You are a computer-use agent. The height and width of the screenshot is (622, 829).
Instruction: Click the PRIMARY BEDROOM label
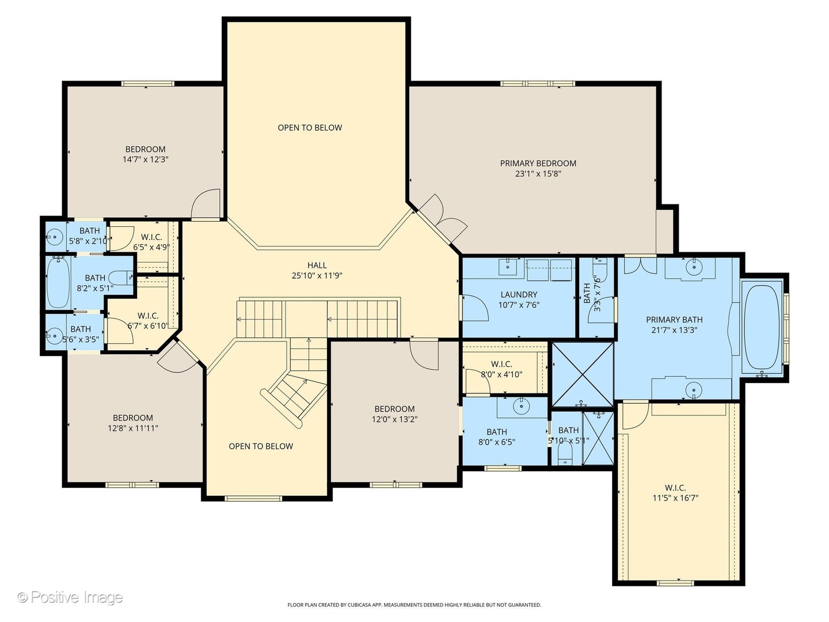click(x=538, y=164)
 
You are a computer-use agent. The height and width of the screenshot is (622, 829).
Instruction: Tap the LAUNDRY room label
click(x=519, y=294)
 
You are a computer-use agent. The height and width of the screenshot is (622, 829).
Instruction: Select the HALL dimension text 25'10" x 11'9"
click(x=317, y=276)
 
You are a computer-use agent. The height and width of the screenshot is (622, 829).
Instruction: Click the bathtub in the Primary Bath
click(x=762, y=327)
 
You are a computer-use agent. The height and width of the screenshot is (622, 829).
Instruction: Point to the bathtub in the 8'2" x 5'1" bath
click(x=58, y=282)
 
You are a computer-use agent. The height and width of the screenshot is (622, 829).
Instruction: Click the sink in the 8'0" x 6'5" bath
click(x=522, y=406)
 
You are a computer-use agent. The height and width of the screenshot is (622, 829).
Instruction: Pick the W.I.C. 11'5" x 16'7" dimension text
click(x=675, y=498)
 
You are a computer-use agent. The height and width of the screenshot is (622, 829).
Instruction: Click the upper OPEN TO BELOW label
click(x=310, y=128)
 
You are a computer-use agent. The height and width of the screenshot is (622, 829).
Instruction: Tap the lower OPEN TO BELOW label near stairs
click(x=261, y=446)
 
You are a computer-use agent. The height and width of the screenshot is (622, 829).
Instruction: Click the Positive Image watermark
click(x=70, y=597)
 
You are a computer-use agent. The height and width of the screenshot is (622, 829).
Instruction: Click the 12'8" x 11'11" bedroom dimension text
click(x=132, y=428)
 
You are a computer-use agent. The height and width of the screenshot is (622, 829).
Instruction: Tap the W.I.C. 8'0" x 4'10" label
click(x=501, y=369)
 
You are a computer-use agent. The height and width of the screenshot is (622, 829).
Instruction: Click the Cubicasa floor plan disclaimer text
click(x=414, y=605)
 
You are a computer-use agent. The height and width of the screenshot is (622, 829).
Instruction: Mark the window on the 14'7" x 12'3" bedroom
click(x=148, y=84)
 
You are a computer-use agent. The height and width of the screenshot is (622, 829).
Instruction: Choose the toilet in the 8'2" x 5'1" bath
click(x=120, y=278)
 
